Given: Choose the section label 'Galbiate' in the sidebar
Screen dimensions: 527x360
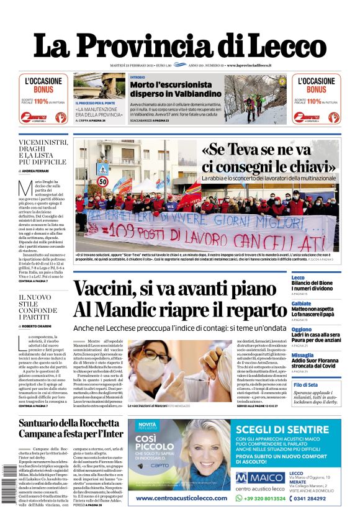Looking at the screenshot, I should [x=302, y=304].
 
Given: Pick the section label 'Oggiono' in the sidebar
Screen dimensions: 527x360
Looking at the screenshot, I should [x=302, y=330].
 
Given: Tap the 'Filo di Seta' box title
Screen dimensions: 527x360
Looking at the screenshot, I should [x=305, y=385].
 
